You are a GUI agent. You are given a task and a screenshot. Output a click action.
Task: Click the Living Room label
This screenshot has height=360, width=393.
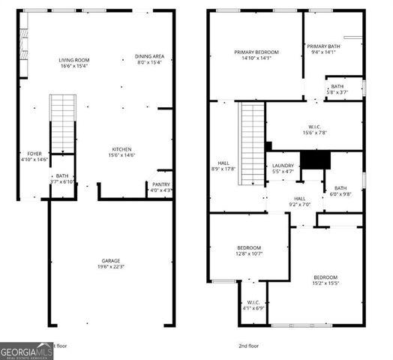tap(75, 60)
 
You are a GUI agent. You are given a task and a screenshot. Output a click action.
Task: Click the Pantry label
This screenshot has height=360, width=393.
tap(161, 184)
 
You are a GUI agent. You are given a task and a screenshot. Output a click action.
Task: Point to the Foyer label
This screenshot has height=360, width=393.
tap(35, 153)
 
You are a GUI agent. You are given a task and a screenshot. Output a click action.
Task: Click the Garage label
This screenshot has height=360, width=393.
tap(111, 261)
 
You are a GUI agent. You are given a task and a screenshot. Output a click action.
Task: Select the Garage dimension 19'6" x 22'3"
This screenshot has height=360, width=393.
tap(111, 268)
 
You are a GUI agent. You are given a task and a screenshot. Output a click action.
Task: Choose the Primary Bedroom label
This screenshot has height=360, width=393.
tap(256, 52)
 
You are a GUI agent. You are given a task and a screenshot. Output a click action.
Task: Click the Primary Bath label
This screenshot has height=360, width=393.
tap(324, 46)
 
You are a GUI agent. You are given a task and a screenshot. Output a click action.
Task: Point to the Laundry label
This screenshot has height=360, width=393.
tap(282, 166)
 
